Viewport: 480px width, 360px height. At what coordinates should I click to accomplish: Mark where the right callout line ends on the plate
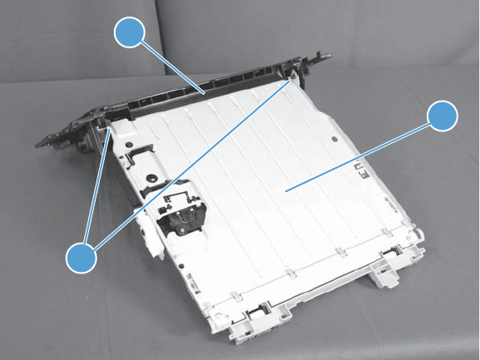(x=285, y=190)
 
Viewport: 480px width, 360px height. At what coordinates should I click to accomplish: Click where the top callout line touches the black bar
(x=203, y=94)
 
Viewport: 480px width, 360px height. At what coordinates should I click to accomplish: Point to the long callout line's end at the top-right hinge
(x=293, y=80)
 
